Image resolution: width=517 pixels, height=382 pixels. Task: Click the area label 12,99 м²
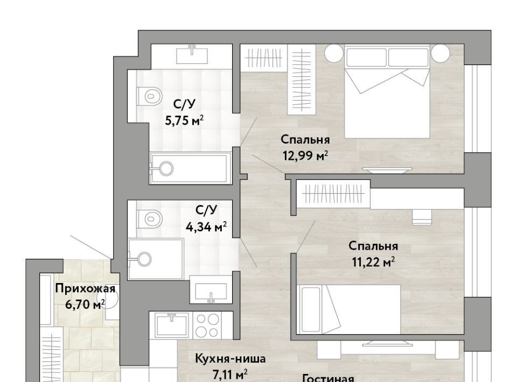click(305, 155)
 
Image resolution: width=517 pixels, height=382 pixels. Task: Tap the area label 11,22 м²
click(373, 262)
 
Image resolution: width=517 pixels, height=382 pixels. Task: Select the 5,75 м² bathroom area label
click(184, 121)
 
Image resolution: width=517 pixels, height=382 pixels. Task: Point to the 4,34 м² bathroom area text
click(206, 227)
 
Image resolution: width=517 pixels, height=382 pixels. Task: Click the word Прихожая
click(85, 289)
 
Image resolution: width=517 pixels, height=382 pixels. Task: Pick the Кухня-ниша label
click(230, 358)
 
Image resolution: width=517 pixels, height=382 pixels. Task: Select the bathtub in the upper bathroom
click(189, 168)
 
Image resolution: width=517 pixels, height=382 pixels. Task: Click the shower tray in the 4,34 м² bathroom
click(156, 259)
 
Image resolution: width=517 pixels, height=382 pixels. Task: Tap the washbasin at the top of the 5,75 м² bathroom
click(192, 55)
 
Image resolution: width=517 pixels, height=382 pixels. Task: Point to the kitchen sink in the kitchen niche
click(171, 325)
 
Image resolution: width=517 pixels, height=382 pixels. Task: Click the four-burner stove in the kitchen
click(207, 325)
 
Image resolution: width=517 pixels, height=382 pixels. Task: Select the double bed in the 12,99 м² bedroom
click(387, 91)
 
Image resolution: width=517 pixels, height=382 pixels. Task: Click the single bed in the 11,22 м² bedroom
click(348, 309)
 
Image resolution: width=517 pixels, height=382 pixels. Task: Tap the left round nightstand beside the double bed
click(334, 53)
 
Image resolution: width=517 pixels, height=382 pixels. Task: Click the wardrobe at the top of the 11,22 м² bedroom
click(333, 193)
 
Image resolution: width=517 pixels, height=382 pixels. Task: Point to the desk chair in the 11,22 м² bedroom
click(422, 217)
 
